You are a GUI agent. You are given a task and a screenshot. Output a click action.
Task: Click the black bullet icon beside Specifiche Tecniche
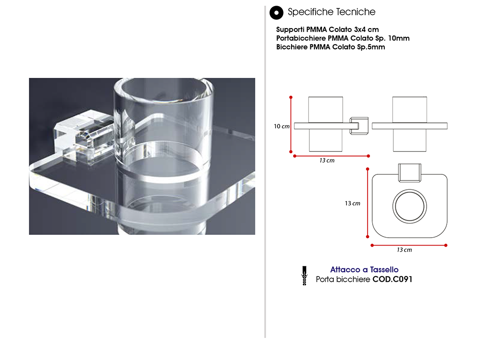click(277, 13)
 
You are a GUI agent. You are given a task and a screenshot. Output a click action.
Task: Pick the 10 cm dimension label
click(282, 127)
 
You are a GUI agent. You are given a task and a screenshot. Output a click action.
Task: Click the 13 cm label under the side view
click(327, 160)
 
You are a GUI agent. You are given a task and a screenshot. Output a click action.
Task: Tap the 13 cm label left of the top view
click(352, 203)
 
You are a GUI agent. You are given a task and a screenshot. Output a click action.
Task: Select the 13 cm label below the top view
click(405, 250)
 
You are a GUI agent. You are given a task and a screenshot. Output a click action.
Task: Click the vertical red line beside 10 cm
click(291, 125)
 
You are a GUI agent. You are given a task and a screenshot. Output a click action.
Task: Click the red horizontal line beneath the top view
click(409, 245)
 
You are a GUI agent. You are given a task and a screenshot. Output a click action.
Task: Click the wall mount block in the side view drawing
click(359, 126)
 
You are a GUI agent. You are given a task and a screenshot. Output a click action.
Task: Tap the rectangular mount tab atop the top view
click(410, 172)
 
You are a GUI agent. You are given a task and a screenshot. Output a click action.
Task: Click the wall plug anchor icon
click(304, 276)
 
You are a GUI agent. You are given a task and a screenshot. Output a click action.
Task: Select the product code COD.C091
click(392, 279)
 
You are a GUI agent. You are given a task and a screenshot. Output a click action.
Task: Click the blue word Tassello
click(384, 270)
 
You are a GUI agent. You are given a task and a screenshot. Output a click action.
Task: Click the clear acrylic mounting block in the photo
click(84, 136)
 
